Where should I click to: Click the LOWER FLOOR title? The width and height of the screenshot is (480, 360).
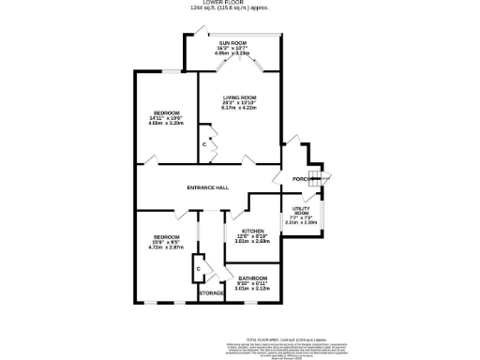point(241,4)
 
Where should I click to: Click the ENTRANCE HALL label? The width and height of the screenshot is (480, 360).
point(207,187)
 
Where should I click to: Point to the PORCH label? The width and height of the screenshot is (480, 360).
point(301,178)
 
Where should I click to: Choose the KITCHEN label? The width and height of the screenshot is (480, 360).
point(252,231)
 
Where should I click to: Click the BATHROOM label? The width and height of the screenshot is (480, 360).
point(252,278)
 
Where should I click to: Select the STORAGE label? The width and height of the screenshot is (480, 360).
point(212,293)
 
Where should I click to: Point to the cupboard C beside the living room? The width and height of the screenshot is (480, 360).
point(203,145)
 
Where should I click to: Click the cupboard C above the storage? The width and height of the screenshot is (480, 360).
point(198,269)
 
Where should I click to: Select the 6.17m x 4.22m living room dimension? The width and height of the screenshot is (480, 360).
point(239,108)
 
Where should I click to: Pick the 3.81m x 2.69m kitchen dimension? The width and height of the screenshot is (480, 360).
point(252,241)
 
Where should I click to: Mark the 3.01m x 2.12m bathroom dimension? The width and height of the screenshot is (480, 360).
point(252,289)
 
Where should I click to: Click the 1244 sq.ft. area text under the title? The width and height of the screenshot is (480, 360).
point(241,9)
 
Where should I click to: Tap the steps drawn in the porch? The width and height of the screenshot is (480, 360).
point(316,179)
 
